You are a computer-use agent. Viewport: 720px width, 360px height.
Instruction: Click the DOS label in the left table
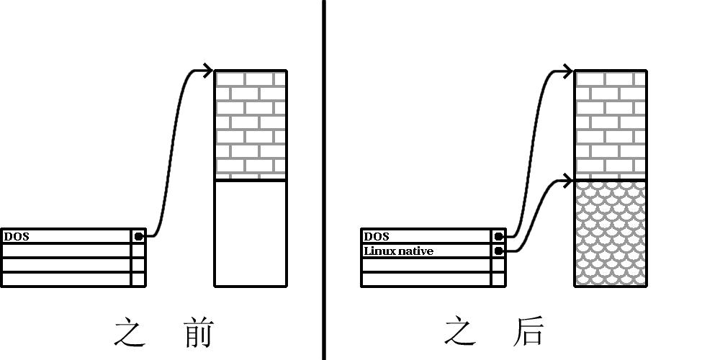click(x=17, y=236)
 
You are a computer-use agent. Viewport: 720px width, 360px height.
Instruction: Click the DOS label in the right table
click(x=377, y=236)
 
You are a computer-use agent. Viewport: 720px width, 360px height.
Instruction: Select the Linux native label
click(x=399, y=251)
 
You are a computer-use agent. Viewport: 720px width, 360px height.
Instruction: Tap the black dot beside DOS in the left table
click(x=138, y=236)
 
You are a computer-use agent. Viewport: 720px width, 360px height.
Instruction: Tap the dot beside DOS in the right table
click(x=498, y=236)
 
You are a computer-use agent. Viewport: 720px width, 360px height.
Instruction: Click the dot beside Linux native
click(x=498, y=251)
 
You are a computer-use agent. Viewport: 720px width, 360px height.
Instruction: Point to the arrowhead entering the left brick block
click(x=208, y=71)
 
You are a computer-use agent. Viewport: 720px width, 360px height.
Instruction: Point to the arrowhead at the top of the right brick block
click(x=568, y=71)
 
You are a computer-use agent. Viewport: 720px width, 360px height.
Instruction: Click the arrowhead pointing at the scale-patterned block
click(x=568, y=178)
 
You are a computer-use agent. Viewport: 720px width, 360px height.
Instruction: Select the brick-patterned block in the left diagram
click(x=251, y=125)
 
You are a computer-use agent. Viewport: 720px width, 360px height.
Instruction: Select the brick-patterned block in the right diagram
click(x=611, y=125)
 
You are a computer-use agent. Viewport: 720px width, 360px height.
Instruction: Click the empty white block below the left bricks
click(x=251, y=233)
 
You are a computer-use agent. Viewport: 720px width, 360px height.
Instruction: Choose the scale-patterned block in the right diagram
click(x=611, y=233)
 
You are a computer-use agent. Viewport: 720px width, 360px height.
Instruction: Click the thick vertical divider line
click(x=323, y=180)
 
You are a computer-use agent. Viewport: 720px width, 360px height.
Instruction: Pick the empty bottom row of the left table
click(x=66, y=279)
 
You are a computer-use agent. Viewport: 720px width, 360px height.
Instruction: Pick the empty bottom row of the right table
click(x=426, y=279)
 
